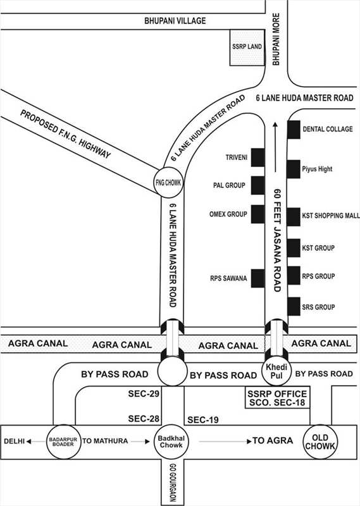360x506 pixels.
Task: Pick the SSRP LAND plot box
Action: pyautogui.click(x=247, y=47)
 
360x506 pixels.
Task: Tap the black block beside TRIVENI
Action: pyautogui.click(x=258, y=157)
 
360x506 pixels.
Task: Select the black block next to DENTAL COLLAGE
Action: pyautogui.click(x=294, y=130)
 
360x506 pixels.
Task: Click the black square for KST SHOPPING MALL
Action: pyautogui.click(x=294, y=217)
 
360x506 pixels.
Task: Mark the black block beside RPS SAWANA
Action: pyautogui.click(x=258, y=278)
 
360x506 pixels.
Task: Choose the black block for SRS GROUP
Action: pyautogui.click(x=294, y=307)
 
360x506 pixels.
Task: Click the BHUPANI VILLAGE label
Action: pyautogui.click(x=175, y=21)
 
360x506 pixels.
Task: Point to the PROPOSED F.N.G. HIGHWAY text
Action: pyautogui.click(x=66, y=134)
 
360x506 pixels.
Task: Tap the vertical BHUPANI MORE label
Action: pyautogui.click(x=276, y=39)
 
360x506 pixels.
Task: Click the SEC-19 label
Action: pyautogui.click(x=202, y=420)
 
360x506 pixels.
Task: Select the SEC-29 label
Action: pyautogui.click(x=144, y=393)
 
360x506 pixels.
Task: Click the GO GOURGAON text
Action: pyautogui.click(x=173, y=483)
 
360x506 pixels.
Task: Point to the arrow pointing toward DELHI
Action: pyautogui.click(x=36, y=441)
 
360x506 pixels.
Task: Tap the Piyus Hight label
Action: pyautogui.click(x=317, y=169)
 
